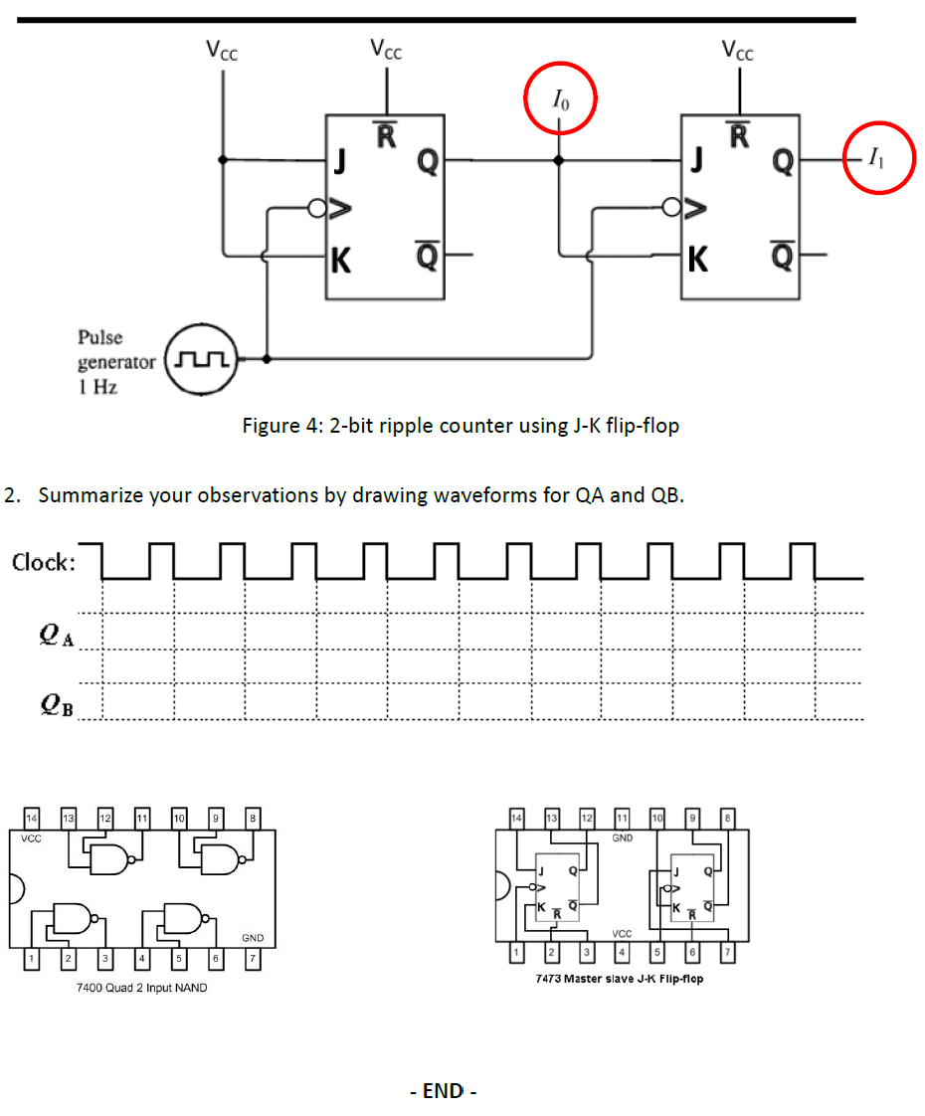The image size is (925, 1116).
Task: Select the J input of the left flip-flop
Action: [x=341, y=158]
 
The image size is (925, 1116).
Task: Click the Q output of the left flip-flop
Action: [x=426, y=160]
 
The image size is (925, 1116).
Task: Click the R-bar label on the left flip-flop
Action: [x=386, y=133]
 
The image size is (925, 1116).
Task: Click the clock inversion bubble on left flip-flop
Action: [x=317, y=209]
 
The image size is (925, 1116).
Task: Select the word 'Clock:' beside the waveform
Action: [x=44, y=563]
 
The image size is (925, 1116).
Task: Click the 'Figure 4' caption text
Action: [x=461, y=426]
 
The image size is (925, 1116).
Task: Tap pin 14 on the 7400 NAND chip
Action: [x=32, y=818]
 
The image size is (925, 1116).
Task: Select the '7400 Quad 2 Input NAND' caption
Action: [x=141, y=988]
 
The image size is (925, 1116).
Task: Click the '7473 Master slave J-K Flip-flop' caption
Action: [x=619, y=979]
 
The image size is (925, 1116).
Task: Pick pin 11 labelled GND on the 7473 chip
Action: [x=623, y=818]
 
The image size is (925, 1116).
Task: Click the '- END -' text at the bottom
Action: [x=444, y=1091]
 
